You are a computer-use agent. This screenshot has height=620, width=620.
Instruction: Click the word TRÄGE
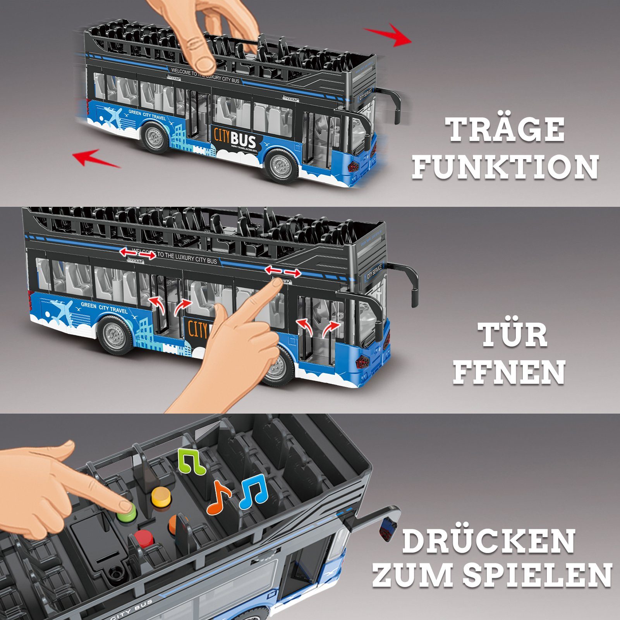coord(507,130)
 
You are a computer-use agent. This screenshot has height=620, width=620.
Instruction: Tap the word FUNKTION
coord(505,167)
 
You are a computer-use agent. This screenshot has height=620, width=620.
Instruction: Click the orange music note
coord(218,497)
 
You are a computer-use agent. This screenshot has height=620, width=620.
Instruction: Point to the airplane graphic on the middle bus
coord(62,312)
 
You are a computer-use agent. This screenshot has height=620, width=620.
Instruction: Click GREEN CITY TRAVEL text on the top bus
coord(147,115)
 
